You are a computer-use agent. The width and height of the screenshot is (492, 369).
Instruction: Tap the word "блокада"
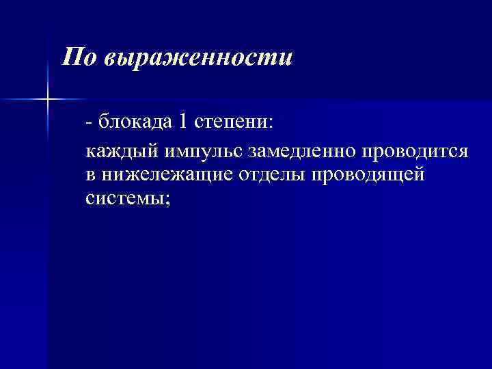134,122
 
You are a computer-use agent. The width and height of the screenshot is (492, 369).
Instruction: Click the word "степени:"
233,122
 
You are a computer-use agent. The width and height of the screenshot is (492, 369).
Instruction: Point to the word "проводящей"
368,174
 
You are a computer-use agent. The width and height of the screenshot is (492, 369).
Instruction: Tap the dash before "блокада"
90,123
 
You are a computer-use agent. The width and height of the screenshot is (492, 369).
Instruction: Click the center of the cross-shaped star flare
48,100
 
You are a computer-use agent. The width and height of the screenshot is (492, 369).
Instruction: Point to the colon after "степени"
269,123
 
